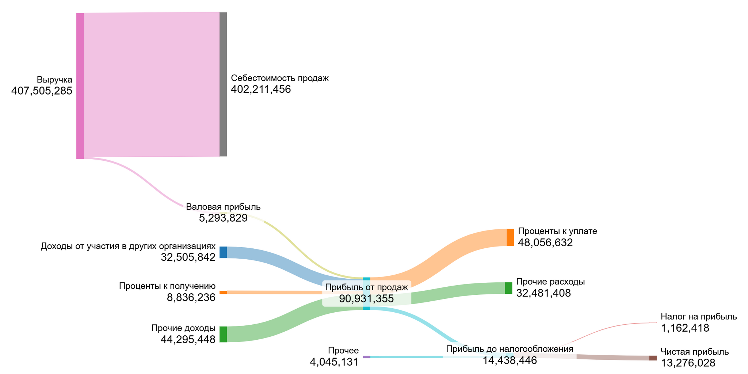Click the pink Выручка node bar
click(x=80, y=86)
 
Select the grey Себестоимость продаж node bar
click(x=223, y=84)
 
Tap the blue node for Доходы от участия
click(x=223, y=252)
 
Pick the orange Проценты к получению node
click(x=223, y=292)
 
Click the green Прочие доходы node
click(x=223, y=334)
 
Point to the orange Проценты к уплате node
click(x=510, y=237)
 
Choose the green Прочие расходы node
click(x=508, y=288)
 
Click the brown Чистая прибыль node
click(x=653, y=358)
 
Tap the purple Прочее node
click(x=366, y=357)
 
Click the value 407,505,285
click(x=42, y=91)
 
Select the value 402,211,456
click(x=261, y=89)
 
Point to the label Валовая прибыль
click(x=223, y=207)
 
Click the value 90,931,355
click(x=366, y=299)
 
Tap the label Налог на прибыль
click(x=698, y=317)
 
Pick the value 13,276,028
click(x=688, y=363)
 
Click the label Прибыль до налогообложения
click(x=510, y=349)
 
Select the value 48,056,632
click(x=545, y=243)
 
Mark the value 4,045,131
click(x=334, y=362)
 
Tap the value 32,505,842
click(x=188, y=257)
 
